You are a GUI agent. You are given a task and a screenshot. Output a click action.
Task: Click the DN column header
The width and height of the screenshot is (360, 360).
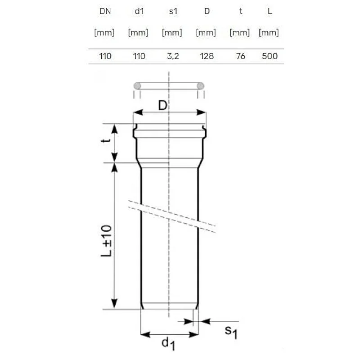coord(104,11)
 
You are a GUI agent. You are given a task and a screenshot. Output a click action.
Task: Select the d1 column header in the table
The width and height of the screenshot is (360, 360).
coord(139,11)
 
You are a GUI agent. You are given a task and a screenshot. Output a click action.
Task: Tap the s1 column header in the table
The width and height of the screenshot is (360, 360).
coord(172,11)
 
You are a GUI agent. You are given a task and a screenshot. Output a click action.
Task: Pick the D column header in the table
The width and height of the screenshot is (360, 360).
coord(207,11)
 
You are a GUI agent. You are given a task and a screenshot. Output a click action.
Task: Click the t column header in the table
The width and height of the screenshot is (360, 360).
coord(241,11)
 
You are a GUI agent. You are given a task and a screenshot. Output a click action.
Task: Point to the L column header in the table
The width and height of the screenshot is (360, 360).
coord(269,11)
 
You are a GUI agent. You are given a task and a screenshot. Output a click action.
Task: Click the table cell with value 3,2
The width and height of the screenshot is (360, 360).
coord(172,56)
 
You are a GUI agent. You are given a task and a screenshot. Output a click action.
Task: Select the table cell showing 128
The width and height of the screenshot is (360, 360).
coord(207,56)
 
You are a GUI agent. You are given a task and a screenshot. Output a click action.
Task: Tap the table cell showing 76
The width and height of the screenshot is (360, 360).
coord(241,56)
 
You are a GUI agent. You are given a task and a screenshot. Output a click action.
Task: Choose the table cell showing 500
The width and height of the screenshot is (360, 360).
coord(269,56)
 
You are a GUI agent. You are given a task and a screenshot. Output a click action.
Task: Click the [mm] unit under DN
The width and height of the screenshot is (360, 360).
coord(104,32)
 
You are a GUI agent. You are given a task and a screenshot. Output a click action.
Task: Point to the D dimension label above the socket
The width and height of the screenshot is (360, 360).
coord(163,106)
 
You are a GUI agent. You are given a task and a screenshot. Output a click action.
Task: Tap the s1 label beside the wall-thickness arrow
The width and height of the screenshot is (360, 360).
coord(230,332)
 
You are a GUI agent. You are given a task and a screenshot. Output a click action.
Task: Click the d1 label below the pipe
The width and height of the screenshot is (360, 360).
coord(168,344)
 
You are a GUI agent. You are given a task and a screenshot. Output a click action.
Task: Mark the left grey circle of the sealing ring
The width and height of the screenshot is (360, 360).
coord(138,86)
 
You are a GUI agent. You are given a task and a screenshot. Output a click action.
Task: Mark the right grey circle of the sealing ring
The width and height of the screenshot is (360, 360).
coord(201,86)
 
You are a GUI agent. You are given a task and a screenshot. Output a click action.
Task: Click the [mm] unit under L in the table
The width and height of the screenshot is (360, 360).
coord(269,32)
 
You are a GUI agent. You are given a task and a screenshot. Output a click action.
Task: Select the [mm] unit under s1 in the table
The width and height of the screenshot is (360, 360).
coord(172,32)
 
